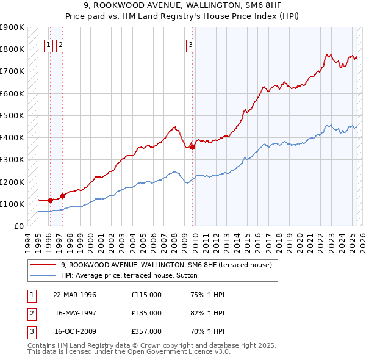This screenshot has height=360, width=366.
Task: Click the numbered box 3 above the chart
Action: (x=191, y=44)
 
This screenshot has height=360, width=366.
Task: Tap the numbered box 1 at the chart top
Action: (x=48, y=44)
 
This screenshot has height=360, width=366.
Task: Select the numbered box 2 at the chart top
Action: (x=61, y=44)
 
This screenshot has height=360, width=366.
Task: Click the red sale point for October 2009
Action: (x=192, y=146)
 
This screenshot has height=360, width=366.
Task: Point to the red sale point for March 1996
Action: (x=50, y=200)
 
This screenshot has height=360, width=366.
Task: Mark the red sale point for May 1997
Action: (x=62, y=196)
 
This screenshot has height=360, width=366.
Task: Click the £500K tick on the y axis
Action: (x=12, y=115)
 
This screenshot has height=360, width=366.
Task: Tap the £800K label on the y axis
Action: (x=12, y=49)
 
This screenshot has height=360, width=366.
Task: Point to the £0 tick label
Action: (x=18, y=226)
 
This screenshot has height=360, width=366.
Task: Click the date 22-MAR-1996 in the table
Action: (x=75, y=295)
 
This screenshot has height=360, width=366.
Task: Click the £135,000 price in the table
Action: (x=146, y=313)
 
